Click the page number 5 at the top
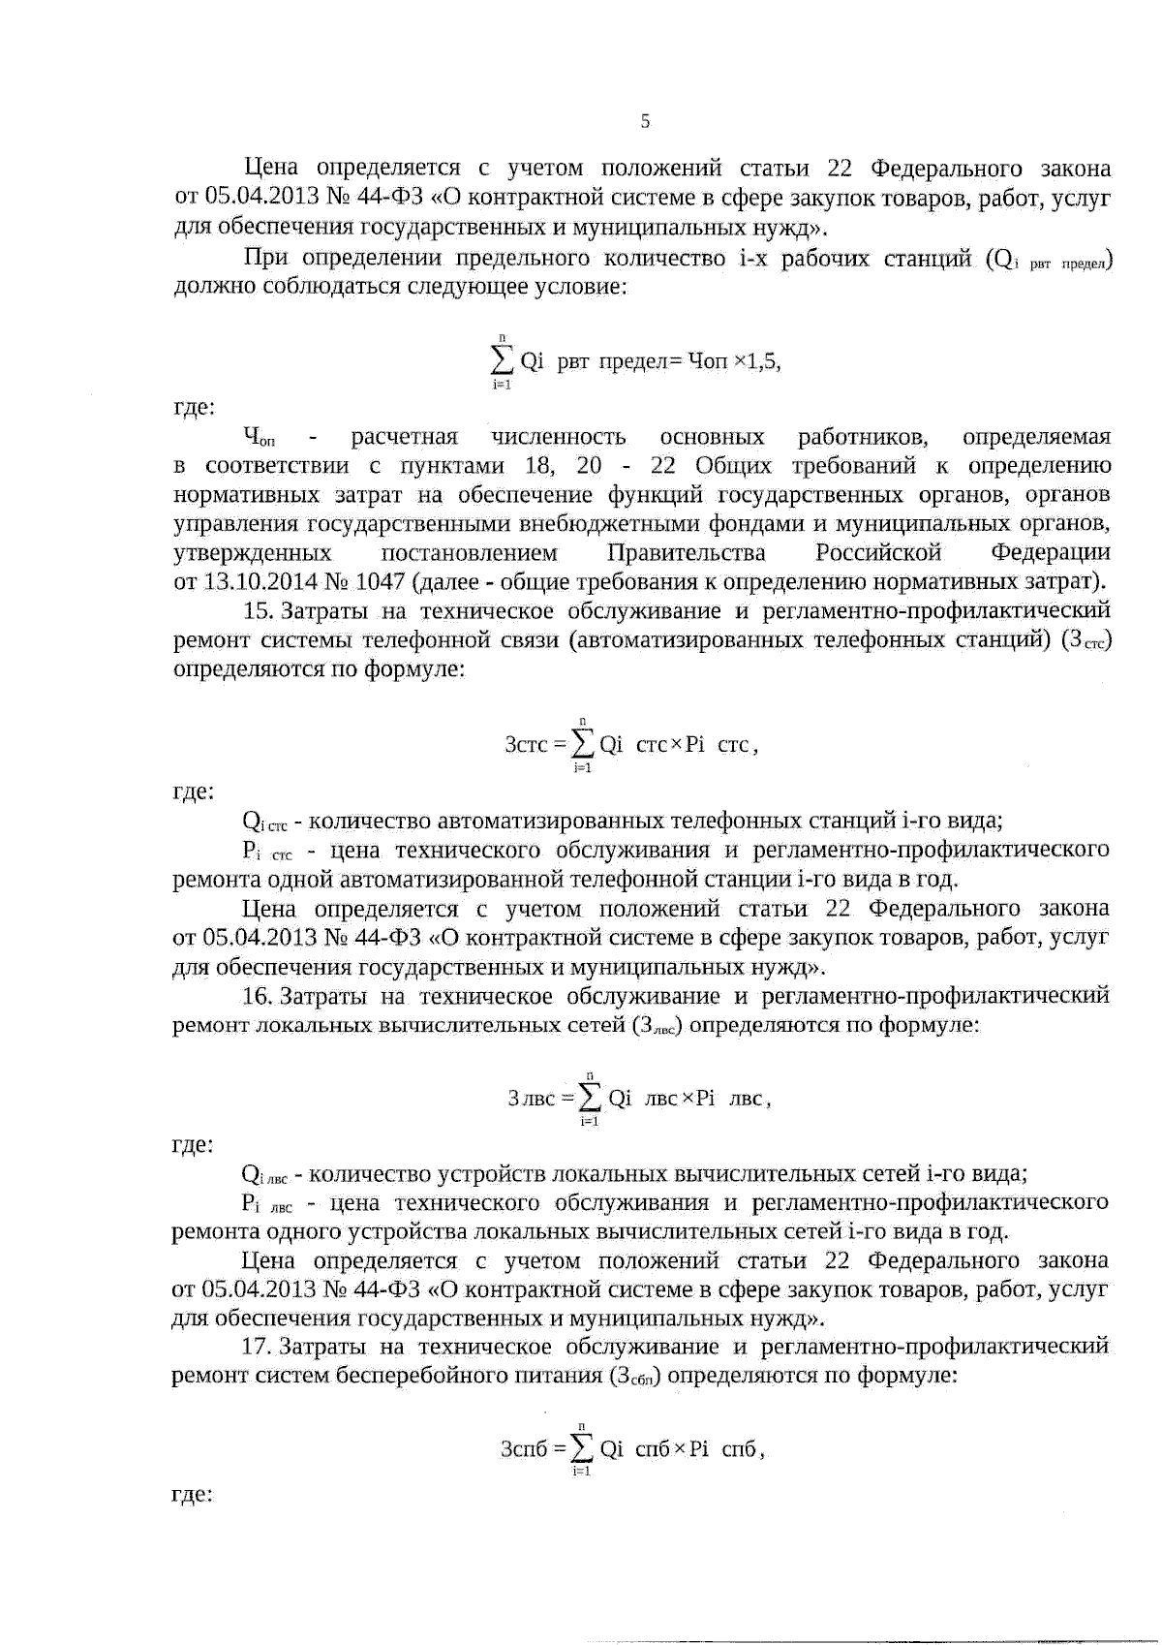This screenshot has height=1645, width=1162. coord(646,121)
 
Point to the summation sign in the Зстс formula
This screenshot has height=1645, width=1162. coord(583,744)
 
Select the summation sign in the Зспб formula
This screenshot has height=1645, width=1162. coord(582,1448)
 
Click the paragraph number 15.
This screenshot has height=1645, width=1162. coord(259,611)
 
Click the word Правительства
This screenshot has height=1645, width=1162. coord(686,553)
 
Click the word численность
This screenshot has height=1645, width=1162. coord(558,437)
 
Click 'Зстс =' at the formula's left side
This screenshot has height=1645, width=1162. coord(535,745)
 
